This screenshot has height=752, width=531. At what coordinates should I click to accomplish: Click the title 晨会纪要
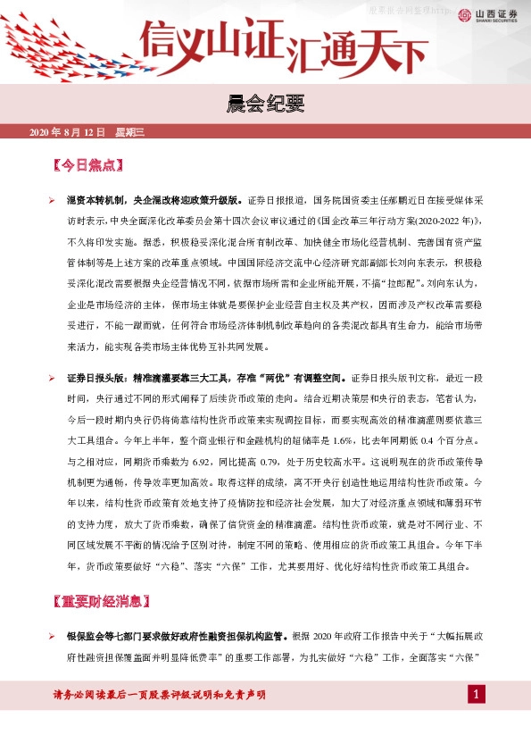pos(265,105)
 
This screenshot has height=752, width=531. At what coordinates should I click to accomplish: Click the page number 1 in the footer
pos(477,695)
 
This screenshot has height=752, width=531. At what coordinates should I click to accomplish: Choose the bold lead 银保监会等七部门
pos(102,637)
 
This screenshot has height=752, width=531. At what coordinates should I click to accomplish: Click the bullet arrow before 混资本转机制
pos(52,200)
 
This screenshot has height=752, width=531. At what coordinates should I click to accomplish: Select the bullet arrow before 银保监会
pos(52,637)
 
